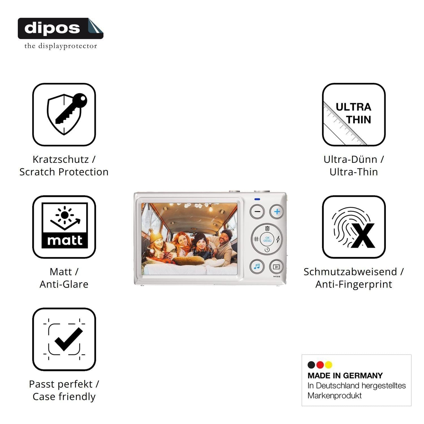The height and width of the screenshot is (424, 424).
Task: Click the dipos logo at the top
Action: tap(60, 28)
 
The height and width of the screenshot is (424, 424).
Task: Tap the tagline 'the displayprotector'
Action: tap(61, 46)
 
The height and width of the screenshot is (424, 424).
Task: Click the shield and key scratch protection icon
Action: tap(64, 114)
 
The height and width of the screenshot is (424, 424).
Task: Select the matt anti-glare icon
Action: tap(64, 227)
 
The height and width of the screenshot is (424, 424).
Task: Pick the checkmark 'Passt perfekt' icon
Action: tap(64, 339)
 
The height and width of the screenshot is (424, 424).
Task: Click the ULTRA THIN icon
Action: tap(354, 114)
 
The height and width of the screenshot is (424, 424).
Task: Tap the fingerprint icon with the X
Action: tap(354, 227)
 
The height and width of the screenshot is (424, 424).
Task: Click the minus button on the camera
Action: tap(257, 212)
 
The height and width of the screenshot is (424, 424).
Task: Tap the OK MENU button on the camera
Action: tap(267, 239)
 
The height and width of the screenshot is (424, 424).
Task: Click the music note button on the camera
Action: tap(257, 267)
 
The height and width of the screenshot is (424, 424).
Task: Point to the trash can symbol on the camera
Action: tap(267, 228)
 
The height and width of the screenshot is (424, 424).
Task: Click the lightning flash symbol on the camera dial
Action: tap(278, 239)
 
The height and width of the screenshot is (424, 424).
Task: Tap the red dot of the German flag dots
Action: tap(320, 365)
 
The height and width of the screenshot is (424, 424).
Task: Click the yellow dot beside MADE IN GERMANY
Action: tap(328, 365)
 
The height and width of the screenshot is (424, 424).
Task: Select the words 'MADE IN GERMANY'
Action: tap(345, 376)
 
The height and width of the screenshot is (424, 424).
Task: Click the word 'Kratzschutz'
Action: tap(61, 159)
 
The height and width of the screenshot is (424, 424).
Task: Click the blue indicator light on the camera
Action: tap(257, 199)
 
